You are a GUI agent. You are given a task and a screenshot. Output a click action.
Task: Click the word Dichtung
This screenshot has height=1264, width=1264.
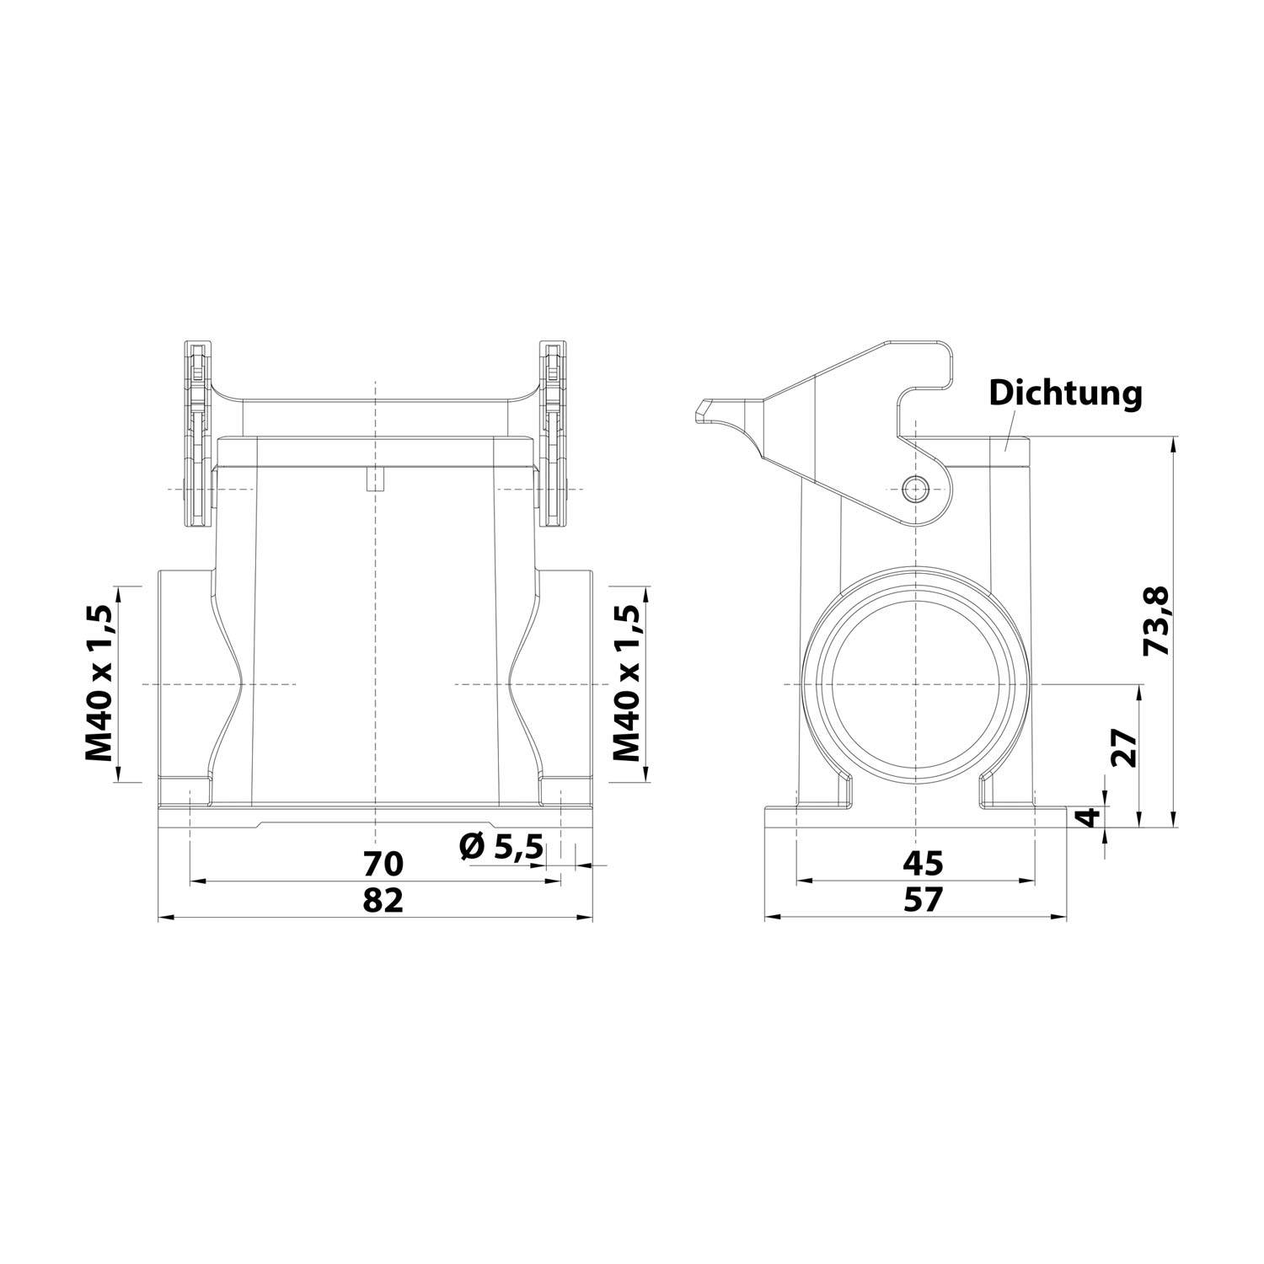pyautogui.click(x=1065, y=393)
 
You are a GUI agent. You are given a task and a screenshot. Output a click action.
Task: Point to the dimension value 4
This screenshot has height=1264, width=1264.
pyautogui.click(x=1090, y=817)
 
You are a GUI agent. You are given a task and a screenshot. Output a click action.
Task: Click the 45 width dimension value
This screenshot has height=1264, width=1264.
pyautogui.click(x=923, y=863)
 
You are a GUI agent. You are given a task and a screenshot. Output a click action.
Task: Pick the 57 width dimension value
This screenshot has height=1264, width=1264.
pyautogui.click(x=923, y=900)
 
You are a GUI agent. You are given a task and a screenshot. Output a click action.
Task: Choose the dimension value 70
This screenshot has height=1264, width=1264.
pyautogui.click(x=384, y=863)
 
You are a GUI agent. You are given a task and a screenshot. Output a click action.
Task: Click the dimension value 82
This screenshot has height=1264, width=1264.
pyautogui.click(x=384, y=900)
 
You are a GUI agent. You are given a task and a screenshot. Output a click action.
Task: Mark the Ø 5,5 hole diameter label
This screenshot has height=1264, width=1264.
pyautogui.click(x=501, y=846)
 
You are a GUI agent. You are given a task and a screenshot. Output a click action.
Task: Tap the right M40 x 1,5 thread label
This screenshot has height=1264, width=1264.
pyautogui.click(x=624, y=683)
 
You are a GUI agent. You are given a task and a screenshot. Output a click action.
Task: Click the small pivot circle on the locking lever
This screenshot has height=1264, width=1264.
pyautogui.click(x=914, y=489)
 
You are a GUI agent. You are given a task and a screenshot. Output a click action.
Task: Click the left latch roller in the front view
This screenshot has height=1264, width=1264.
pyautogui.click(x=197, y=434)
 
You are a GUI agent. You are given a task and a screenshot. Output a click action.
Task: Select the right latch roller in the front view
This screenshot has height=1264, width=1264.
pyautogui.click(x=554, y=434)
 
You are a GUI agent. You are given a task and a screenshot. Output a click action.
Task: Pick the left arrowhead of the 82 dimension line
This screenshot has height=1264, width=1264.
pyautogui.click(x=163, y=918)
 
